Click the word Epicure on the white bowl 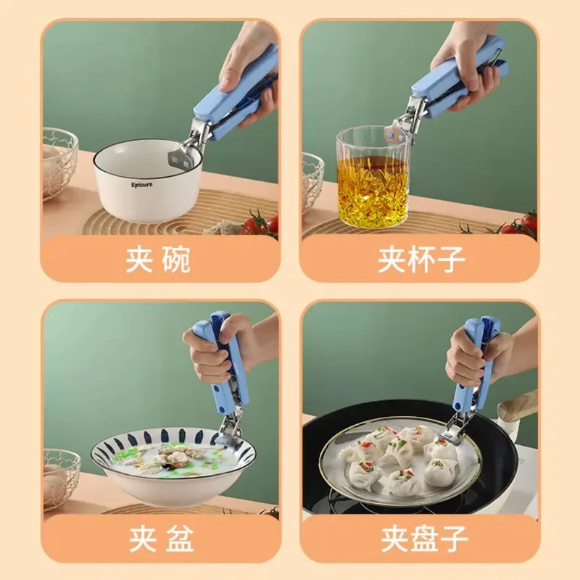pos(141,185)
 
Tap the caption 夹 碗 pos(157,260)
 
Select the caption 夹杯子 pos(421,260)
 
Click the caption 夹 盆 pos(161,539)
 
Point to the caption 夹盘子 pos(424,539)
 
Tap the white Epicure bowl pos(147,181)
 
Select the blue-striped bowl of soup pos(173,467)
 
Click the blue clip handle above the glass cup pos(459,77)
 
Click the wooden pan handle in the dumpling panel pos(517,406)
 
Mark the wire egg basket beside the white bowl pos(60,164)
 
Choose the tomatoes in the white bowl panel pos(261,223)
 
